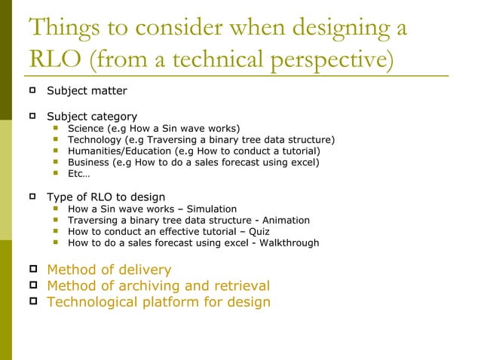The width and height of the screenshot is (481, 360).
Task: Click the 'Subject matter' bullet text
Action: pyautogui.click(x=87, y=92)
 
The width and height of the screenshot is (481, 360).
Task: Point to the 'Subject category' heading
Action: pyautogui.click(x=92, y=117)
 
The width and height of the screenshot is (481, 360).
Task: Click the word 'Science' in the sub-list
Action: pyautogui.click(x=86, y=129)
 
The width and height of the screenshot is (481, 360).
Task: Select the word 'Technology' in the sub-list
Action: pyautogui.click(x=94, y=140)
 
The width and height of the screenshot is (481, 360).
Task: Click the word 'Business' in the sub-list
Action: pyautogui.click(x=88, y=162)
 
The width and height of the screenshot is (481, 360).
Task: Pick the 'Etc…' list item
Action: pyautogui.click(x=78, y=173)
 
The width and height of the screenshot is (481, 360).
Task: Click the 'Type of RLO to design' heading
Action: pyautogui.click(x=106, y=197)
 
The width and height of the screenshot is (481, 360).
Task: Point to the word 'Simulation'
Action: pyautogui.click(x=212, y=209)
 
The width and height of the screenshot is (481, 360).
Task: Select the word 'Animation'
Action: pyautogui.click(x=286, y=220)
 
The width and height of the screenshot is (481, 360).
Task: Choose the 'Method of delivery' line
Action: pyautogui.click(x=109, y=270)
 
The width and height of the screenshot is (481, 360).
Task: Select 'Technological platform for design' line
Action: pyautogui.click(x=158, y=303)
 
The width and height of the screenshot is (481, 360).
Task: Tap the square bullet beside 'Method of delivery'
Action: pyautogui.click(x=32, y=270)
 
